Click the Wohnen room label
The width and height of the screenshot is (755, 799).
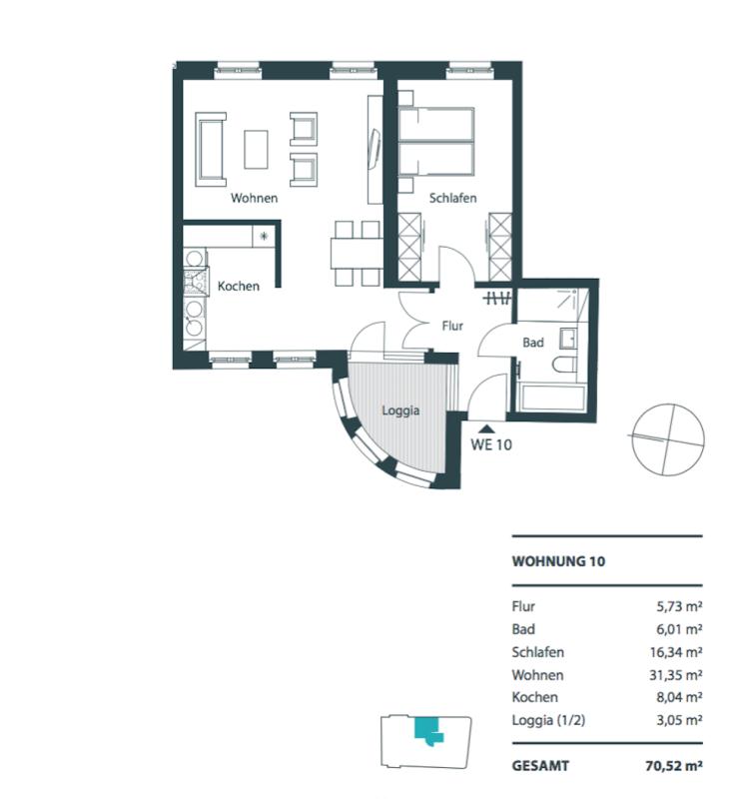pyautogui.click(x=255, y=198)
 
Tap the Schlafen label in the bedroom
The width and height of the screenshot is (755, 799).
pyautogui.click(x=452, y=198)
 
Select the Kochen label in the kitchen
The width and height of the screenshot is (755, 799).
pyautogui.click(x=239, y=287)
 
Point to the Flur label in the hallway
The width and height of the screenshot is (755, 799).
pyautogui.click(x=452, y=326)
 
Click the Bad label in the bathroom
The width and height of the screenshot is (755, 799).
pyautogui.click(x=533, y=343)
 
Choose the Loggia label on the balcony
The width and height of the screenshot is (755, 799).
pyautogui.click(x=400, y=410)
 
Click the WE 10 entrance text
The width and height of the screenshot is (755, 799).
pyautogui.click(x=491, y=444)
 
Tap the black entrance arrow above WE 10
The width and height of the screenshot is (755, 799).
pyautogui.click(x=487, y=429)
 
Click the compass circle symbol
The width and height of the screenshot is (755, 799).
pyautogui.click(x=668, y=439)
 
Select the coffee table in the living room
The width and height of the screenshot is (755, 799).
pyautogui.click(x=257, y=149)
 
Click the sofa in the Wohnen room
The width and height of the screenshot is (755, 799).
pyautogui.click(x=211, y=149)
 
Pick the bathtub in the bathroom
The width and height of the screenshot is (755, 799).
pyautogui.click(x=552, y=398)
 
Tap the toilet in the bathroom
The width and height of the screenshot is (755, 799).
pyautogui.click(x=564, y=365)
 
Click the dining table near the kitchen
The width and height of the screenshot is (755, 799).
pyautogui.click(x=357, y=254)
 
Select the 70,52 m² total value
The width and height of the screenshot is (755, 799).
pyautogui.click(x=674, y=766)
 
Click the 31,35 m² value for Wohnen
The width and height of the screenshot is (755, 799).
pyautogui.click(x=676, y=675)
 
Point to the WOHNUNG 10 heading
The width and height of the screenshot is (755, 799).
pyautogui.click(x=558, y=561)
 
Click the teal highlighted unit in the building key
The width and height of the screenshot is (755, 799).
pyautogui.click(x=428, y=730)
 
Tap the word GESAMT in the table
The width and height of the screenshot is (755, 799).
pyautogui.click(x=540, y=766)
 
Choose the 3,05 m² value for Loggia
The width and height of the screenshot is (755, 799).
pyautogui.click(x=680, y=720)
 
